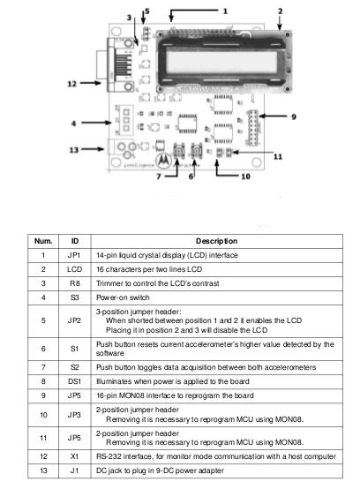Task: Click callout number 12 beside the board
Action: coord(72,84)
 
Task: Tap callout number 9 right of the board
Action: coord(294,117)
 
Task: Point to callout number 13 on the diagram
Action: coord(74,150)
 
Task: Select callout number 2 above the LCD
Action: coord(281,11)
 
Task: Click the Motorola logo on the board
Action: coord(163,161)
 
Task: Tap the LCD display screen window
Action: coord(221,63)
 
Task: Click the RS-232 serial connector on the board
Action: coord(116,64)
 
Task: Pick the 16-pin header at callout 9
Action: coord(253,127)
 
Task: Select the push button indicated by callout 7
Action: coord(179,151)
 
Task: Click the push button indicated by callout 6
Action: coord(197,151)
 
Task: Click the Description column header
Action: coord(217,241)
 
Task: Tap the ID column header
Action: coord(75,241)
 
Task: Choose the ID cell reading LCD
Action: coord(74,269)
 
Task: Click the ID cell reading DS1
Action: coord(74,381)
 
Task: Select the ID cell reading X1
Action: coord(74,456)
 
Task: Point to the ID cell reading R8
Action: coord(74,283)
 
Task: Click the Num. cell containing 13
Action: coord(43,470)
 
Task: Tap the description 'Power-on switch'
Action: coord(123,297)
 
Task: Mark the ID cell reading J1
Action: coord(74,470)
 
